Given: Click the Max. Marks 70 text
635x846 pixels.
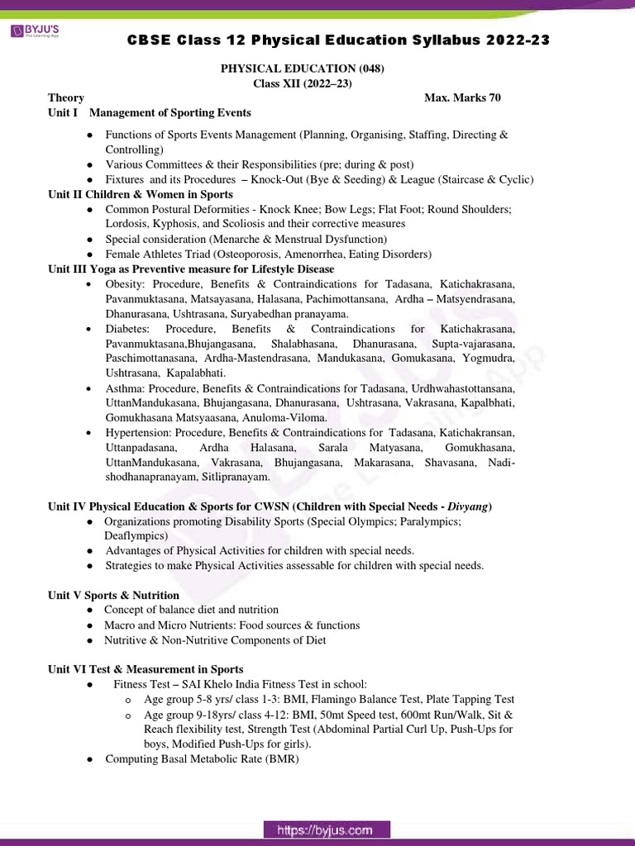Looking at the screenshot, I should tap(462, 97).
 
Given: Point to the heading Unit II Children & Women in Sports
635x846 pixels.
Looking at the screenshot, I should tap(141, 194).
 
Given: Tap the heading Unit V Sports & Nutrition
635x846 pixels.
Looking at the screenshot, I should tap(113, 595).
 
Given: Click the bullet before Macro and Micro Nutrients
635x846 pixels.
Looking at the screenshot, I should tap(89, 625).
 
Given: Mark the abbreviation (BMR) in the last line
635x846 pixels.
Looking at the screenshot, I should tap(281, 758).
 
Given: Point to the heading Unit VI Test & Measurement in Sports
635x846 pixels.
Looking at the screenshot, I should tap(146, 669).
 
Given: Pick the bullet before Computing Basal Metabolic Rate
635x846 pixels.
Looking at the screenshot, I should tap(89, 758).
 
